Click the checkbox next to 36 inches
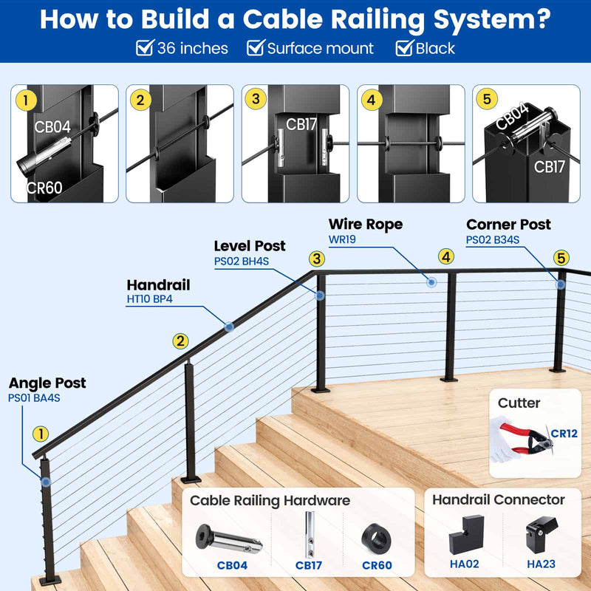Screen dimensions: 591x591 [x=146, y=49]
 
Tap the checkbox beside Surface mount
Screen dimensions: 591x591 [x=256, y=49]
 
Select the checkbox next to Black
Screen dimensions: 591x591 [x=404, y=49]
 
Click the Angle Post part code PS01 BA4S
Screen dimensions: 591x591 [x=34, y=397]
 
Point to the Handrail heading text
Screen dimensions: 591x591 [x=158, y=284]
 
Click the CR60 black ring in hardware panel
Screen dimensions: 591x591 [x=377, y=538]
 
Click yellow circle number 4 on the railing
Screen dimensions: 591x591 [x=445, y=256]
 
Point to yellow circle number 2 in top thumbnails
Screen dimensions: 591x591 [x=140, y=100]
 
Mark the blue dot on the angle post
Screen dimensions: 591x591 [x=46, y=481]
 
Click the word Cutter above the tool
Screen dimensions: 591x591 [x=519, y=403]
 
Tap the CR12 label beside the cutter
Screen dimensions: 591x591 [x=564, y=434]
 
